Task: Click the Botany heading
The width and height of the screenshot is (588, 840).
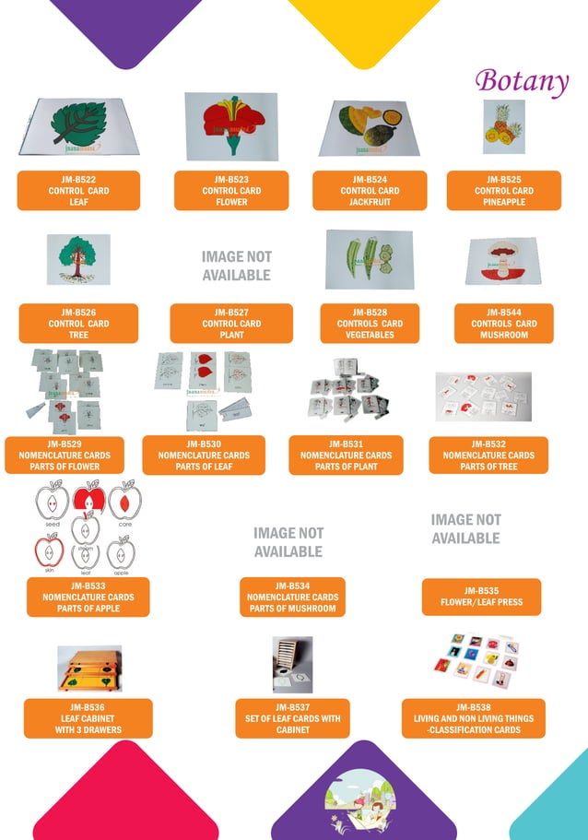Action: click(522, 81)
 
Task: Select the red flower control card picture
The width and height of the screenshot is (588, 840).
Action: click(230, 126)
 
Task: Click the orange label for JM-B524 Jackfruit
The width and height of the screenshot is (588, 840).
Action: click(370, 191)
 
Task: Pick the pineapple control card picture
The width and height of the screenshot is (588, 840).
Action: click(503, 126)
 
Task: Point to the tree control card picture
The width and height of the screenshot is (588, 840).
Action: click(78, 259)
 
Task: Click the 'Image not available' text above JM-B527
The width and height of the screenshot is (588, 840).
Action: click(236, 266)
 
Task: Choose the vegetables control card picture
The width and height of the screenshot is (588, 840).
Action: click(370, 259)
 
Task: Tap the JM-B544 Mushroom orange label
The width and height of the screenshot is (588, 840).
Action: click(503, 324)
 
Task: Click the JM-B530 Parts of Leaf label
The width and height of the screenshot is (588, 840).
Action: click(204, 455)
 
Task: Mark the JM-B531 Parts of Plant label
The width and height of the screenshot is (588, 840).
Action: click(346, 455)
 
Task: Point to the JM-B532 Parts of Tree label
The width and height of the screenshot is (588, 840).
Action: click(488, 455)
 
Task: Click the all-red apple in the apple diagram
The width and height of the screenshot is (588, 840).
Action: click(87, 501)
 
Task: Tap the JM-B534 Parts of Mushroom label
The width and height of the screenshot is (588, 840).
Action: click(292, 597)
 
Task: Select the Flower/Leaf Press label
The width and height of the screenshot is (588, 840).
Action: click(481, 597)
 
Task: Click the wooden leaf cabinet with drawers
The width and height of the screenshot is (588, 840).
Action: click(88, 668)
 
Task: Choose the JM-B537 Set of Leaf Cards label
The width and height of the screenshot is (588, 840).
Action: click(292, 718)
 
